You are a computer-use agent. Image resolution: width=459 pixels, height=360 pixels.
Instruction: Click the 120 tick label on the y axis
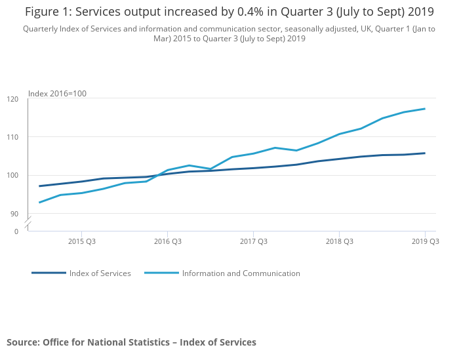click(13, 99)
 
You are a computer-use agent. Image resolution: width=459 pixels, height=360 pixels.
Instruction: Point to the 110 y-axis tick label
click(13, 137)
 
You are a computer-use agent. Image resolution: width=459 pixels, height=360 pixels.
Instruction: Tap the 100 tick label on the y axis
click(13, 176)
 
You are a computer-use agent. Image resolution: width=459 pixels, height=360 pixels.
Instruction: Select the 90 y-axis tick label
click(14, 214)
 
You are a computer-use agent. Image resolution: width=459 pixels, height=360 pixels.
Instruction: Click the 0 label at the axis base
click(16, 231)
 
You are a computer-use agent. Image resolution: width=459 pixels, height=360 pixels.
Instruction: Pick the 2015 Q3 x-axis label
click(81, 242)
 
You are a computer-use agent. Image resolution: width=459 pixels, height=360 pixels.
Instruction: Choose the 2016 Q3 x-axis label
click(167, 242)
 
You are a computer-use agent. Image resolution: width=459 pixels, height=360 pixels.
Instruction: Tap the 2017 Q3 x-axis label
click(253, 242)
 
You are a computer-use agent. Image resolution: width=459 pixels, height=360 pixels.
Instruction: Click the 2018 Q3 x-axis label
click(339, 242)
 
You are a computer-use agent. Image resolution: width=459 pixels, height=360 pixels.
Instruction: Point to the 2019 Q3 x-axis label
click(425, 242)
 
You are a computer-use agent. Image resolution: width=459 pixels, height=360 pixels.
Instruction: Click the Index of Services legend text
click(100, 273)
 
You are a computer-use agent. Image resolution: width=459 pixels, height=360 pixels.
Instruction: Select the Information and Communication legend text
click(241, 273)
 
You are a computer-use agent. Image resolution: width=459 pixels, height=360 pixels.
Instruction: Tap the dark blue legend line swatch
click(49, 273)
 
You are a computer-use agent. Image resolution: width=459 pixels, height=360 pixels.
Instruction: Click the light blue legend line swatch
click(161, 273)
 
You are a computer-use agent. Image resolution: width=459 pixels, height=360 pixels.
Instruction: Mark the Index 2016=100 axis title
click(57, 94)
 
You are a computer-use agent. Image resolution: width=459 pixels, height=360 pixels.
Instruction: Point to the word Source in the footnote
click(23, 342)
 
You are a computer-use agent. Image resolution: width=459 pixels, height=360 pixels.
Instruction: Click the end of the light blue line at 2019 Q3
click(425, 109)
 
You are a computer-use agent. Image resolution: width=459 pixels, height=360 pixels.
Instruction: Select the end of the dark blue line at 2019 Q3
click(425, 153)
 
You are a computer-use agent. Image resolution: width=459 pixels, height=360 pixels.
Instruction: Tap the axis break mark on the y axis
click(28, 223)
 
